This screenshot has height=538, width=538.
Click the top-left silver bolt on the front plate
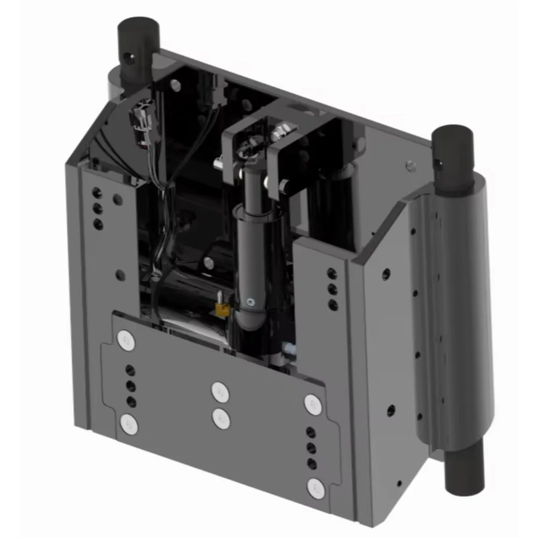click(x=126, y=340)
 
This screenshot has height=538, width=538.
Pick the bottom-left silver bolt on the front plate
click(x=129, y=424)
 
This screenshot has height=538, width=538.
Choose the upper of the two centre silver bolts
click(x=220, y=392)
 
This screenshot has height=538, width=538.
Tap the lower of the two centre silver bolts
click(x=221, y=418)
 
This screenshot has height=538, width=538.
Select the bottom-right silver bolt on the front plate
click(x=315, y=487)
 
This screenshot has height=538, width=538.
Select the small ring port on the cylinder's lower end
click(x=249, y=302)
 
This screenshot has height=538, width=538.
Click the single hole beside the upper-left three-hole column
click(x=118, y=200)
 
